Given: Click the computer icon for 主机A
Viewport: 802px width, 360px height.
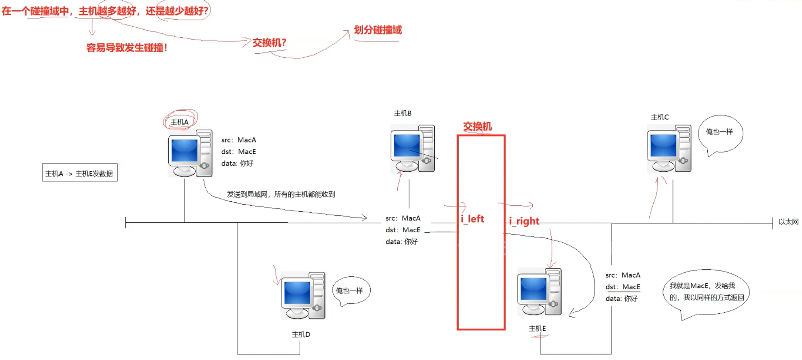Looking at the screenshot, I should (190, 154).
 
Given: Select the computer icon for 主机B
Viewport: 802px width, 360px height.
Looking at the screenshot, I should (413, 148).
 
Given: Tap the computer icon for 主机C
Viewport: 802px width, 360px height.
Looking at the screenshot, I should (669, 149).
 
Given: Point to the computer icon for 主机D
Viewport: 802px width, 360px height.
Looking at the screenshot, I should (303, 296).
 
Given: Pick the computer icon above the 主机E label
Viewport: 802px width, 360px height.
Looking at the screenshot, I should (539, 292).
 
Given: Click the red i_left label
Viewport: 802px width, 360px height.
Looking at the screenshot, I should (472, 219).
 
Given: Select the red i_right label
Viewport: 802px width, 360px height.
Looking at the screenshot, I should (524, 221).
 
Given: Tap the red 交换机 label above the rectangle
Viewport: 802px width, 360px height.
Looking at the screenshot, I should (477, 126).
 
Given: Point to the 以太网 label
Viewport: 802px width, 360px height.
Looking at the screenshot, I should (788, 222).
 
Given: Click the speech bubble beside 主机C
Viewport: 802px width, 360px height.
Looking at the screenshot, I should (720, 133).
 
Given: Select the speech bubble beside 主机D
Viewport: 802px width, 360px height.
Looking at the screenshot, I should (350, 291).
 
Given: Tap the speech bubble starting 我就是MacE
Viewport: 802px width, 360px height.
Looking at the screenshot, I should (706, 292).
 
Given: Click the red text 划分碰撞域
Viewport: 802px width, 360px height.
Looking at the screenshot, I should (378, 30).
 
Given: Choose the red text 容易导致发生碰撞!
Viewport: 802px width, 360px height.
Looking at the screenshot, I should (127, 48).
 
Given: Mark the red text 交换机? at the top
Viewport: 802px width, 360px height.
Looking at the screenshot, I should (269, 43).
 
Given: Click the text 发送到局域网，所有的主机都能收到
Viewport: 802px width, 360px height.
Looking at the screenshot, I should (281, 194).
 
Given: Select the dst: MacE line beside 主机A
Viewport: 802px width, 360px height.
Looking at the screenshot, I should (238, 152).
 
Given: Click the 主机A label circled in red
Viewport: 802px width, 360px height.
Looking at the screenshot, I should (179, 122).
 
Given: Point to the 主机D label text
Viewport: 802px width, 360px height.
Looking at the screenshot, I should (301, 334).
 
